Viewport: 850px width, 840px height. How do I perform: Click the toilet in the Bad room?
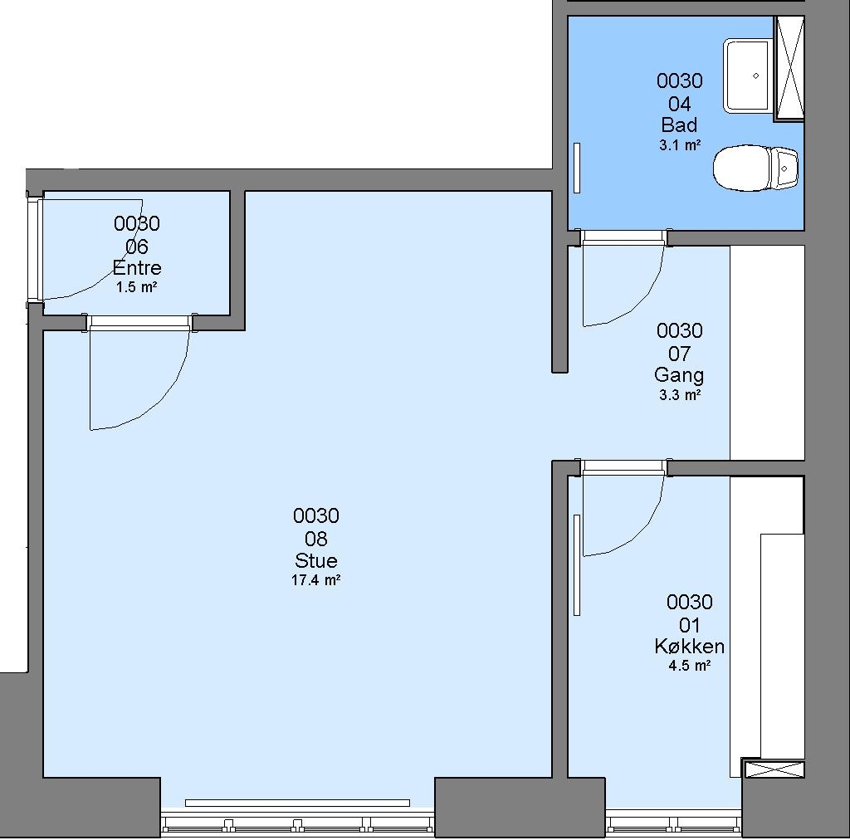(x=755, y=168)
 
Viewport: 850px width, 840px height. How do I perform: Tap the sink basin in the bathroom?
(x=748, y=76)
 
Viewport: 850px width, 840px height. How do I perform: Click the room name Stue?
(x=316, y=560)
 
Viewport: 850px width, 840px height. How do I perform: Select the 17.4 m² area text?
(x=316, y=580)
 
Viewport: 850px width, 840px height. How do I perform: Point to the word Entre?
(x=137, y=268)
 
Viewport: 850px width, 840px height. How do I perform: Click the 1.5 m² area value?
(x=137, y=287)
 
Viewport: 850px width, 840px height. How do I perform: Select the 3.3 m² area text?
(x=680, y=395)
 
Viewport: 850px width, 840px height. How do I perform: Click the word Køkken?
(x=689, y=647)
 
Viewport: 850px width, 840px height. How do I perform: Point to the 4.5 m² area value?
(x=689, y=666)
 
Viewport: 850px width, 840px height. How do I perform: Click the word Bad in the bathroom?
(x=679, y=125)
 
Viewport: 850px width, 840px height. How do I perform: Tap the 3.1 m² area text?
(x=680, y=145)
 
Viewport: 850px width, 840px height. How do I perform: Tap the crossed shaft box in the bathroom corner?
(x=789, y=67)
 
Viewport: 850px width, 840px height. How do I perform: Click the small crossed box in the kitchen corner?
(x=774, y=769)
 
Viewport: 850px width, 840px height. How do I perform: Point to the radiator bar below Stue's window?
(x=298, y=803)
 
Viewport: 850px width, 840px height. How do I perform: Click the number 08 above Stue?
(x=316, y=539)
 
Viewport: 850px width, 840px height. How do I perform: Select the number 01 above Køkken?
(x=689, y=625)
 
